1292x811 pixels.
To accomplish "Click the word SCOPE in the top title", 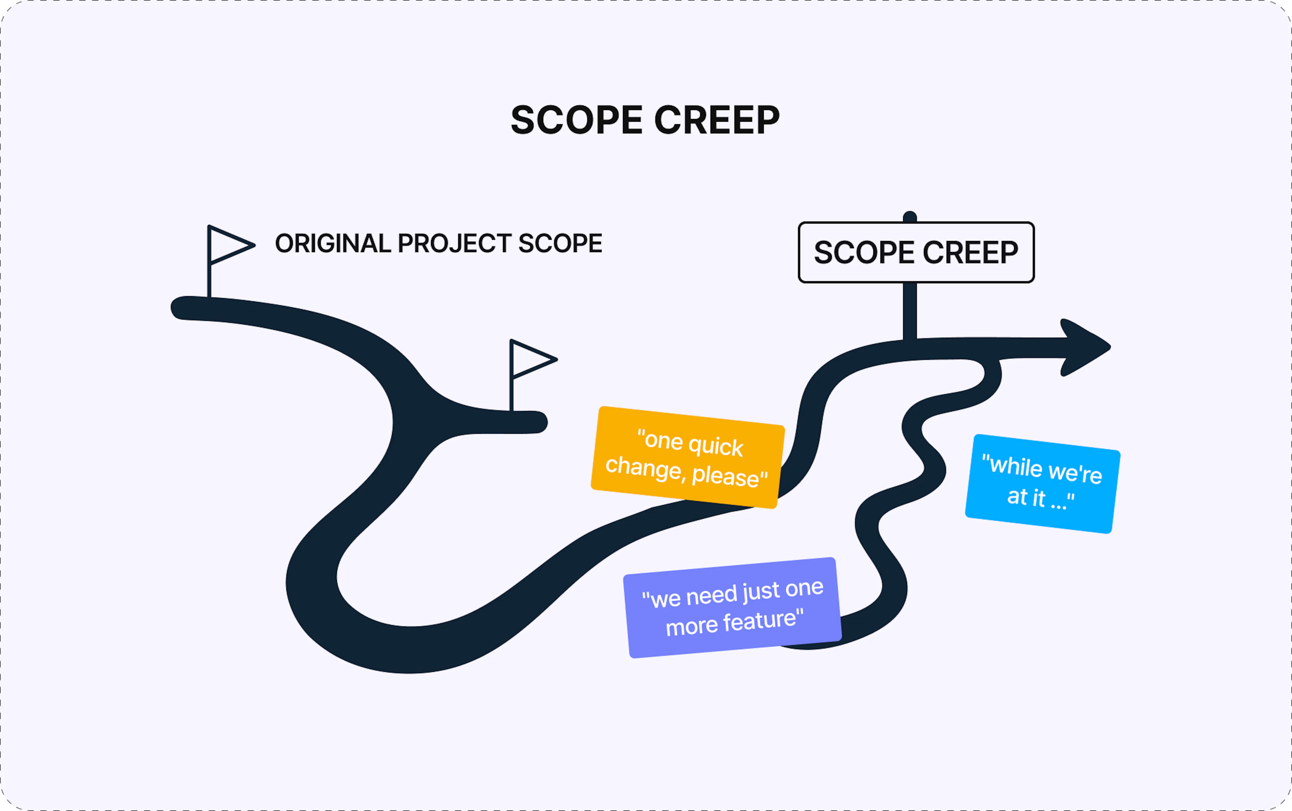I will pyautogui.click(x=576, y=120).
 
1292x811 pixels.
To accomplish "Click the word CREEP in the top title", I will pyautogui.click(x=717, y=120).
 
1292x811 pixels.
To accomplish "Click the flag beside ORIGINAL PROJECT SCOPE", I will pyautogui.click(x=228, y=245).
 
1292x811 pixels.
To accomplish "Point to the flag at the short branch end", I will pyautogui.click(x=531, y=359).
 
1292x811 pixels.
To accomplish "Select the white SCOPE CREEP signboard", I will pyautogui.click(x=916, y=252).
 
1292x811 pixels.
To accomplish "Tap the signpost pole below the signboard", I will pyautogui.click(x=910, y=311).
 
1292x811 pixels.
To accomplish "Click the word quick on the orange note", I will pyautogui.click(x=716, y=446).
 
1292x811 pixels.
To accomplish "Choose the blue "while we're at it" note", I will pyautogui.click(x=1042, y=483).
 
